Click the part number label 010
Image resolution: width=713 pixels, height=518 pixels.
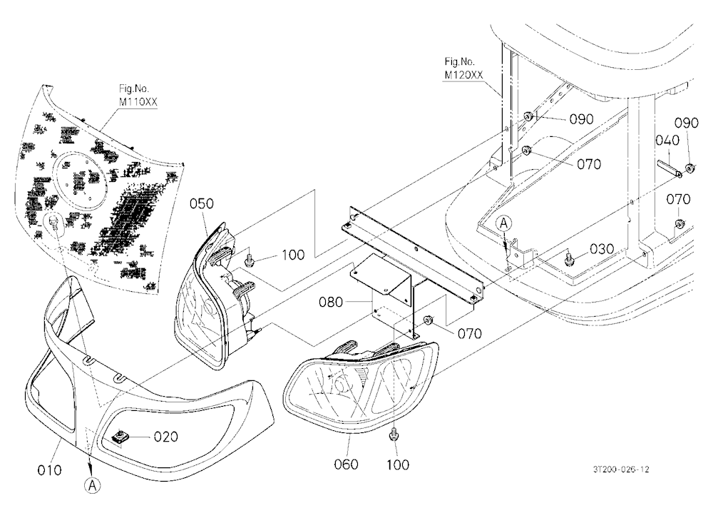(x=49, y=469)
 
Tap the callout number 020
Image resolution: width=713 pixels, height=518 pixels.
(x=166, y=437)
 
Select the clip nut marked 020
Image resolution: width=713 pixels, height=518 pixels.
(x=120, y=437)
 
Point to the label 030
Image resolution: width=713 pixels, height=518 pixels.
(x=602, y=249)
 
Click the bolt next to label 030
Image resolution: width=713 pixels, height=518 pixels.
(x=568, y=259)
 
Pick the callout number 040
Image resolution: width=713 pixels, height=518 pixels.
(x=667, y=140)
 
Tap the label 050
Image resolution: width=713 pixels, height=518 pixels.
(x=202, y=203)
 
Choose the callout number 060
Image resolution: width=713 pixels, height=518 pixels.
(x=346, y=464)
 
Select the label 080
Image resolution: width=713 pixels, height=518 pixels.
(x=331, y=303)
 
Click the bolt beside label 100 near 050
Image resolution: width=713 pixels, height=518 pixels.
(x=249, y=260)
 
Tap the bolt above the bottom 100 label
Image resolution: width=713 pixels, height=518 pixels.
(x=394, y=434)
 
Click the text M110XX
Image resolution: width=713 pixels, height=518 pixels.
(x=138, y=102)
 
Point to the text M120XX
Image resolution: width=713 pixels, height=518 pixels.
(x=463, y=75)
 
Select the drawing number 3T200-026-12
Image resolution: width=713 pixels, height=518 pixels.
(x=621, y=469)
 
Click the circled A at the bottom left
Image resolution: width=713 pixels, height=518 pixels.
(x=92, y=486)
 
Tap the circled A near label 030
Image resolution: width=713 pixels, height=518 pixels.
(x=504, y=223)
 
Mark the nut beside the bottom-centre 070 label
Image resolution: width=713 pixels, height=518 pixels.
(x=429, y=321)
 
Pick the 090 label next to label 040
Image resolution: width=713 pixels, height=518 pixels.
(x=686, y=123)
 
